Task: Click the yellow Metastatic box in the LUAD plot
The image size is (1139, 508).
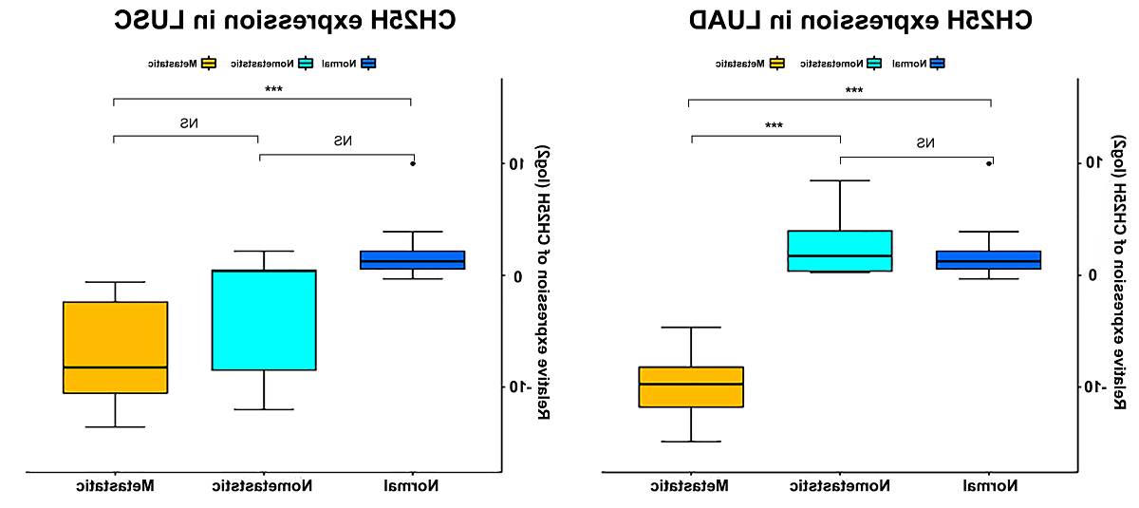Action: pos(691,386)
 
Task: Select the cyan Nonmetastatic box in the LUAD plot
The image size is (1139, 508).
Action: pos(840,251)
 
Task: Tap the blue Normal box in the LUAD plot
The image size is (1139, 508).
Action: pos(988,260)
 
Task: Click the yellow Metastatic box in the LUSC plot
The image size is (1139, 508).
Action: pos(115,347)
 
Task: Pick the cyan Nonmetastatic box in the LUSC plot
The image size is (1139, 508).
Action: pos(264,320)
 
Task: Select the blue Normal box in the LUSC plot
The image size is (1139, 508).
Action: pos(413,260)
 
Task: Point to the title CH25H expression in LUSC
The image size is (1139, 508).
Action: pos(285,21)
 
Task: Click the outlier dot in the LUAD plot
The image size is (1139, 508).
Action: pos(989,163)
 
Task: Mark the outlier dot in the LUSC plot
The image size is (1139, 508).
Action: pos(413,163)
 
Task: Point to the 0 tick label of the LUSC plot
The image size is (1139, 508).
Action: pos(517,276)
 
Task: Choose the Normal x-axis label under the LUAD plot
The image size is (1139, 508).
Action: pos(988,486)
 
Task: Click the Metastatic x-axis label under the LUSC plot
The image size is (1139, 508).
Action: pos(116,486)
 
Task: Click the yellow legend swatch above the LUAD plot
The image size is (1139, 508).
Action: pos(776,64)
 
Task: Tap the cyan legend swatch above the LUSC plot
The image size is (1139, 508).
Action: pos(305,64)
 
